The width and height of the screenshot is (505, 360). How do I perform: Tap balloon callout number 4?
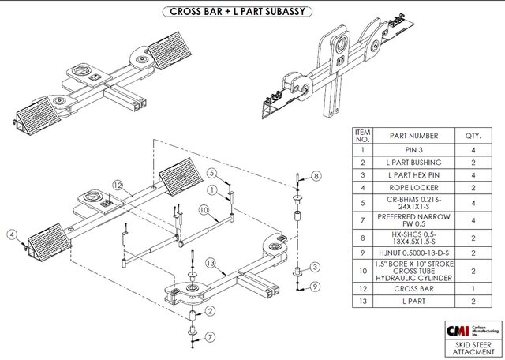tap(13, 234)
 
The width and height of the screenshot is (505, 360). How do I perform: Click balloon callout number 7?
tap(209, 339)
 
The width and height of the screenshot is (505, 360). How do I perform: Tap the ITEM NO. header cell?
tap(363, 136)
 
